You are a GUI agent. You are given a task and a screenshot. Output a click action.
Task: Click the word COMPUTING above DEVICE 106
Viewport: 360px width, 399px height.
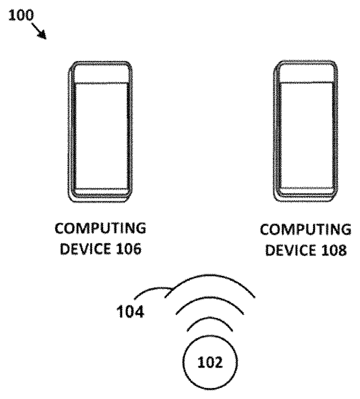point(100,229)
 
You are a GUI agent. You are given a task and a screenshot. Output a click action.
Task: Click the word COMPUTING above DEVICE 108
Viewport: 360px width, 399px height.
point(305,230)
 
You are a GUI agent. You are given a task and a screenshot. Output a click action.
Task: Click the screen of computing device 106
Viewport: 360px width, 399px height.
point(101,136)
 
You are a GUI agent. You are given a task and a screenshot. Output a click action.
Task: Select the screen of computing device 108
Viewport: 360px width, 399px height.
point(307,136)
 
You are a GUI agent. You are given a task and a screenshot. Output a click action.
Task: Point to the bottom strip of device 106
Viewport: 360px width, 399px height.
point(101,191)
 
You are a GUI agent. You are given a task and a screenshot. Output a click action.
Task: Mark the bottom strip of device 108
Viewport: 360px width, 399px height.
point(307,191)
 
